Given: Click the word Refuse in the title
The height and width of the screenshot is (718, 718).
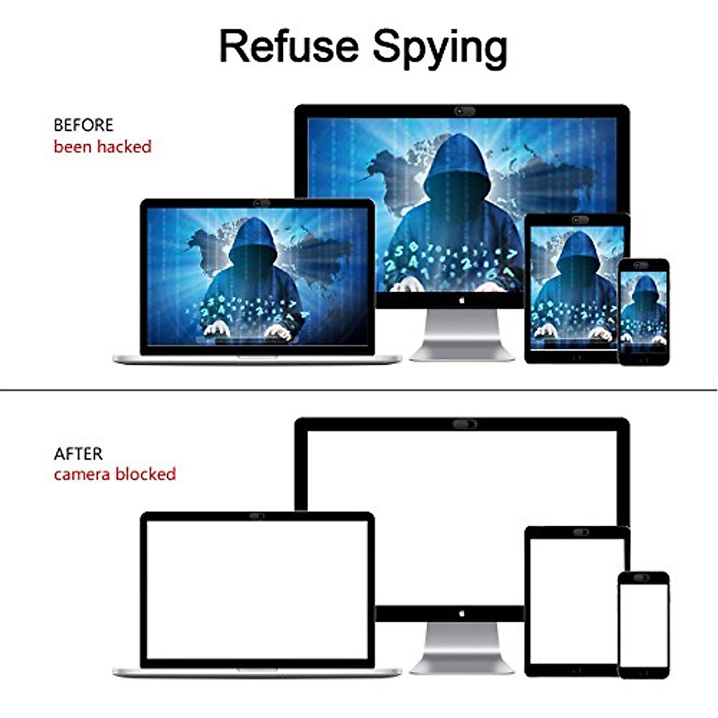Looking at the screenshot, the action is (x=289, y=46).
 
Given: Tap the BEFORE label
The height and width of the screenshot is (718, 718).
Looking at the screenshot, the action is (x=83, y=125).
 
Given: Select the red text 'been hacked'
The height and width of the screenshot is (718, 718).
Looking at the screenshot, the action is (x=102, y=147).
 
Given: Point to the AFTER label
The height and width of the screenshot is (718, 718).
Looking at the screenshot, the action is (x=78, y=454).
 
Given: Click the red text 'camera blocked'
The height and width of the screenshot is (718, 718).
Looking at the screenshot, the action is (x=115, y=474).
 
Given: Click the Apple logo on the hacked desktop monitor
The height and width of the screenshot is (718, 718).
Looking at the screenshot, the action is (x=461, y=300).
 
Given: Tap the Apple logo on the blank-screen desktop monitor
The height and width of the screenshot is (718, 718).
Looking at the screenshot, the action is (x=461, y=613).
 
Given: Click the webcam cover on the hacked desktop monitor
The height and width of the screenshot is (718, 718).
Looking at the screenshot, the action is (x=465, y=111).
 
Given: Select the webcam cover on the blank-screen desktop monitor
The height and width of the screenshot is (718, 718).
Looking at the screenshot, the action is (x=465, y=424).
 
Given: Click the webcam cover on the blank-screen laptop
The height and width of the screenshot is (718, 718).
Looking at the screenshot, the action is (x=257, y=516).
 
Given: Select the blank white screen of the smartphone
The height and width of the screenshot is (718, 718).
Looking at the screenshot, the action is (x=643, y=625).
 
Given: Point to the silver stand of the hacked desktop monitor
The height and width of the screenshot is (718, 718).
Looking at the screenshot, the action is (x=462, y=335).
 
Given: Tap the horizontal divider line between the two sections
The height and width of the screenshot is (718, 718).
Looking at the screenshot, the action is (x=359, y=390).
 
